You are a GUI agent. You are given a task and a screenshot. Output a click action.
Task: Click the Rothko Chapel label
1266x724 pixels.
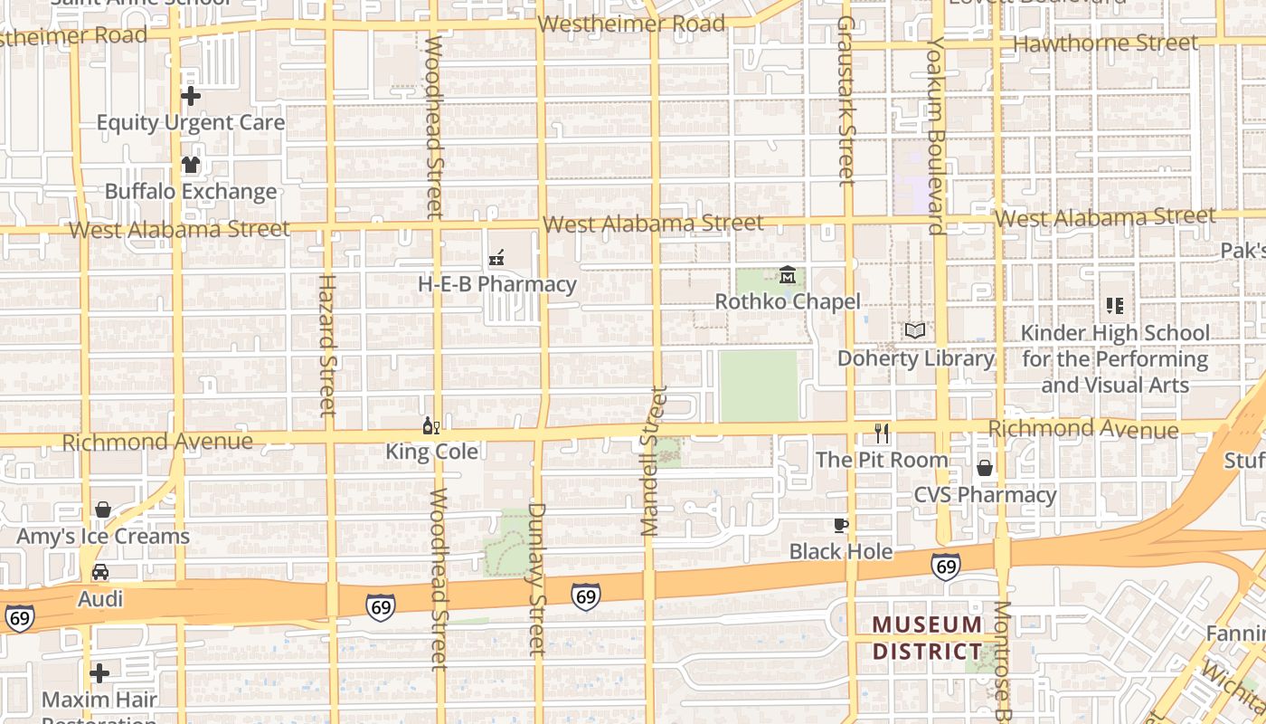point(788,301)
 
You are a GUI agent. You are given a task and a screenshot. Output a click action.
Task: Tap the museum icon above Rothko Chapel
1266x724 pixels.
point(788,274)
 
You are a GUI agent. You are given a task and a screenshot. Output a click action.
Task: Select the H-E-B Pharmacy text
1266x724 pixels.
point(496,284)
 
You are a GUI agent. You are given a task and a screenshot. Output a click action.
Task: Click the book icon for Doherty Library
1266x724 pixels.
point(915,331)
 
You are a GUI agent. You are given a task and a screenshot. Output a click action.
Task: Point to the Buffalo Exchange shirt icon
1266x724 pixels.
point(190,165)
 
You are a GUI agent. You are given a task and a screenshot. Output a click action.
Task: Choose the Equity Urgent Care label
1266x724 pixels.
point(190,122)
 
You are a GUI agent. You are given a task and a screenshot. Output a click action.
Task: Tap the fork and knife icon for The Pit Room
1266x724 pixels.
point(883,433)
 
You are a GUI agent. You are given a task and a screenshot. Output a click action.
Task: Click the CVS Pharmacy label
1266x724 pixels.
point(985,495)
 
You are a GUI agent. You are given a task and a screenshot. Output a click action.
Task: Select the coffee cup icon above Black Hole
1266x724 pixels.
point(841,525)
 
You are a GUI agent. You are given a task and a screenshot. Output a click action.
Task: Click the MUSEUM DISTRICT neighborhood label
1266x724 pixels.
point(927,638)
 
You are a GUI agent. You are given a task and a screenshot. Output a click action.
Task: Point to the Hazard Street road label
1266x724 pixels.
point(326,345)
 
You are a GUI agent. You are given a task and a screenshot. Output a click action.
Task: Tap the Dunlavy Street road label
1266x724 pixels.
point(537,579)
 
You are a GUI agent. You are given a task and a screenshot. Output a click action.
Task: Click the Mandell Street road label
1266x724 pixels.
point(653,461)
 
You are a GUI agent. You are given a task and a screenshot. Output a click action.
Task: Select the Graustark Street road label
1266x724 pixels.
point(846,100)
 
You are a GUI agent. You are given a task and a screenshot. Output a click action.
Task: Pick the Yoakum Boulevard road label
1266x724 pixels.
point(935,136)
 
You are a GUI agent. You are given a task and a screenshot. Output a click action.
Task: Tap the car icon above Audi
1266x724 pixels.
point(100,572)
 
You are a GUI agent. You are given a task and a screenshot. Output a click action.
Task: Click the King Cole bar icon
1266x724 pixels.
point(431,425)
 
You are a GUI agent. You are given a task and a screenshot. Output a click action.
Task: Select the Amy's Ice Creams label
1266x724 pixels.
point(103,537)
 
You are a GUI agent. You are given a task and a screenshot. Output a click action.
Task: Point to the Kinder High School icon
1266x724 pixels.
point(1114,306)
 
